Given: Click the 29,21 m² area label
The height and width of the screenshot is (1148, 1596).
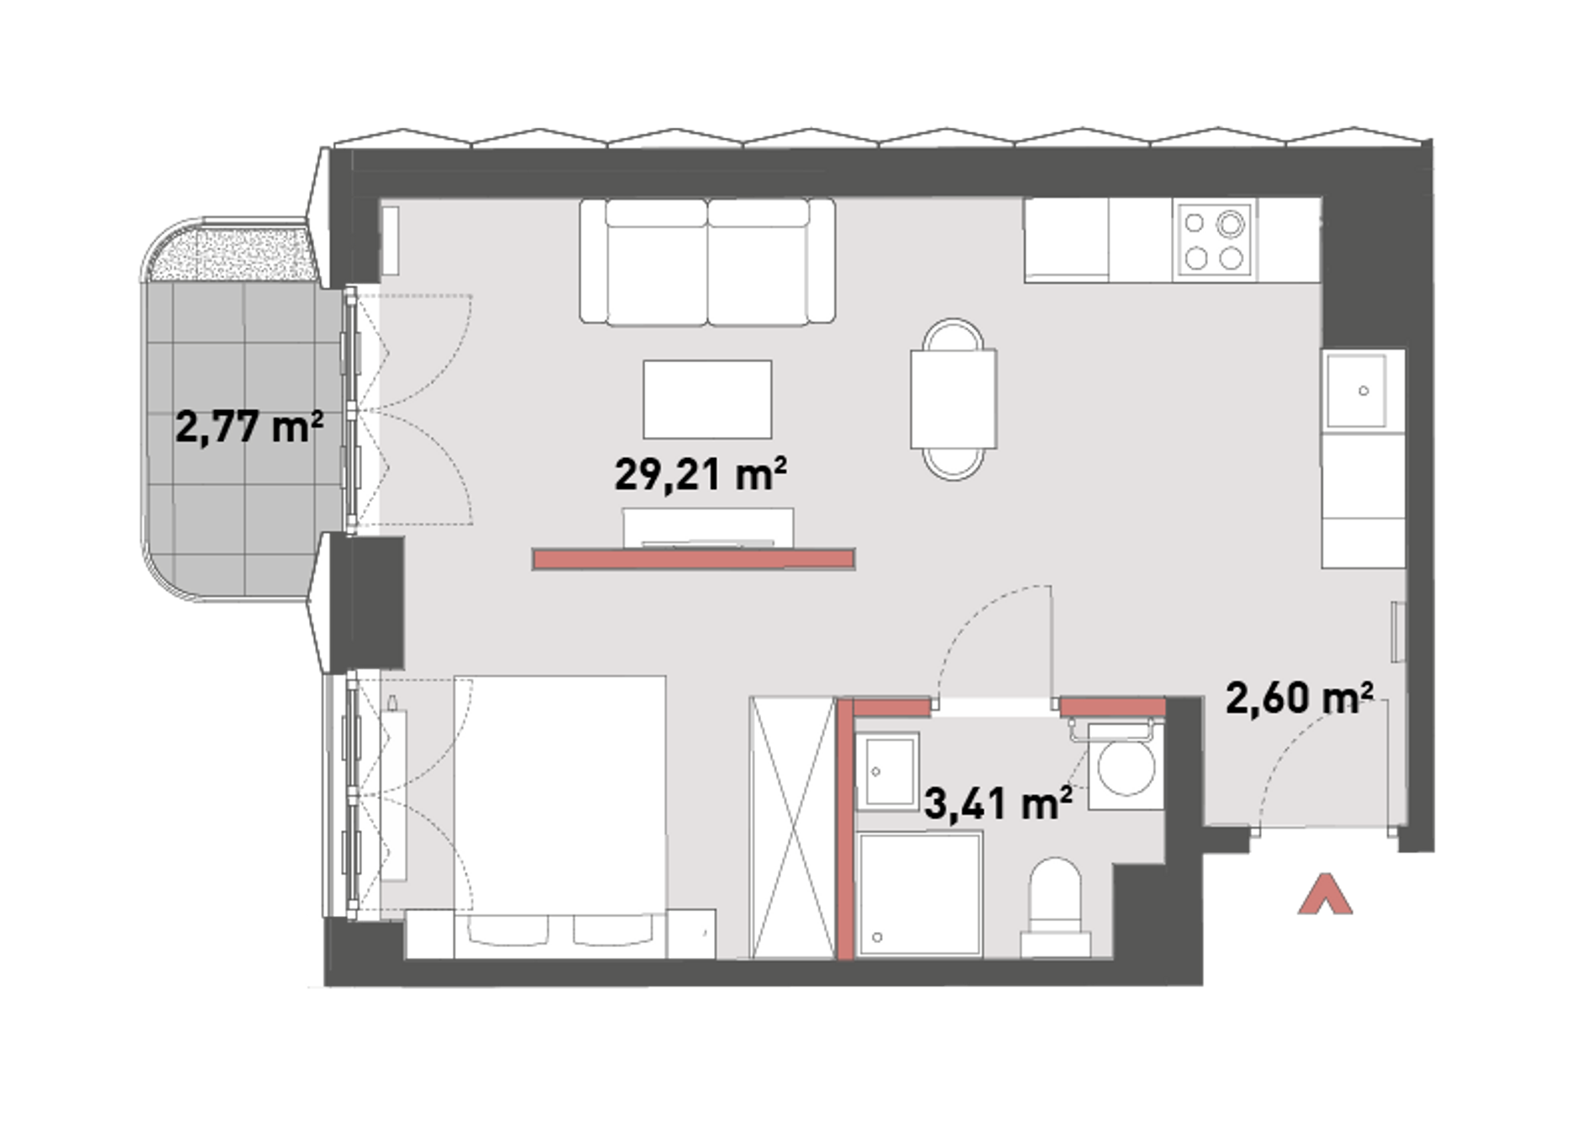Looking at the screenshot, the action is pos(701,475).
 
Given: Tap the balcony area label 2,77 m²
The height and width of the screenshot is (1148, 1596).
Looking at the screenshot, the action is pos(249,426).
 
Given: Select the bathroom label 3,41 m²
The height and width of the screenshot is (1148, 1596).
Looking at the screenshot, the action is pos(998,803).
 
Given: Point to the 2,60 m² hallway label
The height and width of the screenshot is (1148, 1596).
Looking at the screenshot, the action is pos(1299,698).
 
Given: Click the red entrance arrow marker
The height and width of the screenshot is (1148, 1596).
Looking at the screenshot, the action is pos(1326,894).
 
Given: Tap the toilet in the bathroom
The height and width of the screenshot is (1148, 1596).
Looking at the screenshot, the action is pos(1056,908).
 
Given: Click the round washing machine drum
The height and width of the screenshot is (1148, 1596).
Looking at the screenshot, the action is pos(1126,767).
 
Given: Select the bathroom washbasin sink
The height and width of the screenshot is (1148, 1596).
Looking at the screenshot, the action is pos(888,771).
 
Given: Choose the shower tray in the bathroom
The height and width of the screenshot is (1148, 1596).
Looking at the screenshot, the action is pos(920,894).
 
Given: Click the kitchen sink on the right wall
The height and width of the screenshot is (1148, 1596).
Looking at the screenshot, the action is pos(1357,391).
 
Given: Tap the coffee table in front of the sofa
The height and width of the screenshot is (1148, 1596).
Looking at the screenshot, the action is pos(707,399).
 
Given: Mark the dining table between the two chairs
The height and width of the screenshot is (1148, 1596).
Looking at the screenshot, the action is pos(953,399).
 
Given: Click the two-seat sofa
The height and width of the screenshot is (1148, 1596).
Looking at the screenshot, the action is pos(707,261).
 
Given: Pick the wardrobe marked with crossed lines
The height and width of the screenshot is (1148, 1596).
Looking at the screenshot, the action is pos(793,827).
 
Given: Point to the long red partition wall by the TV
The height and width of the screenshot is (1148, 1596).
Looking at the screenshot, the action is pos(694,559).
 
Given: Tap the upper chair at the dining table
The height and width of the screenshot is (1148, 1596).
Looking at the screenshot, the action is pos(953,335).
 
